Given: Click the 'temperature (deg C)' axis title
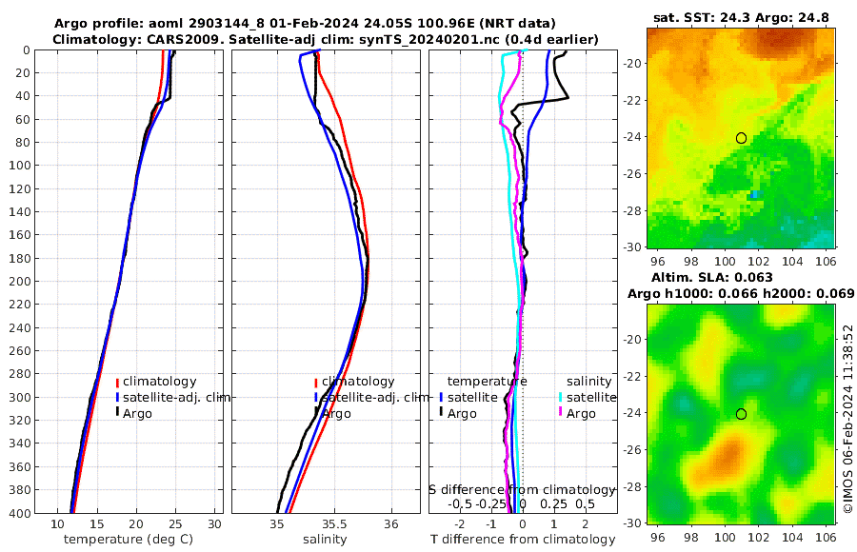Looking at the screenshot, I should pyautogui.click(x=130, y=540).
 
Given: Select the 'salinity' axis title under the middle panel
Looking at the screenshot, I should pyautogui.click(x=326, y=540).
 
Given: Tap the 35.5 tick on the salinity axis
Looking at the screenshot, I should pyautogui.click(x=333, y=523).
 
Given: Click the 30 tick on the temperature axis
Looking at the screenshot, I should pyautogui.click(x=215, y=523).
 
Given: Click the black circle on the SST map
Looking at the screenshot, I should pyautogui.click(x=741, y=138).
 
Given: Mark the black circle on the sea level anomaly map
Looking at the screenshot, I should pyautogui.click(x=741, y=414).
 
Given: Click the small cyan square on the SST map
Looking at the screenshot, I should pyautogui.click(x=755, y=194).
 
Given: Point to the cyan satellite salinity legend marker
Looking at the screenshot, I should pyautogui.click(x=561, y=397).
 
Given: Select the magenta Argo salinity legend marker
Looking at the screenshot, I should pyautogui.click(x=561, y=413).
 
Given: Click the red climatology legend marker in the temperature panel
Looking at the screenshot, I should pyautogui.click(x=118, y=381).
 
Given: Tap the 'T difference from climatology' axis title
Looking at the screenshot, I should pyautogui.click(x=523, y=540).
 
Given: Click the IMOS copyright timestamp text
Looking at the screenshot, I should pyautogui.click(x=847, y=428).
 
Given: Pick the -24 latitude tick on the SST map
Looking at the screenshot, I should pyautogui.click(x=634, y=138).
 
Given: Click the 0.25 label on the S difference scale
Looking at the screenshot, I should pyautogui.click(x=553, y=503).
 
